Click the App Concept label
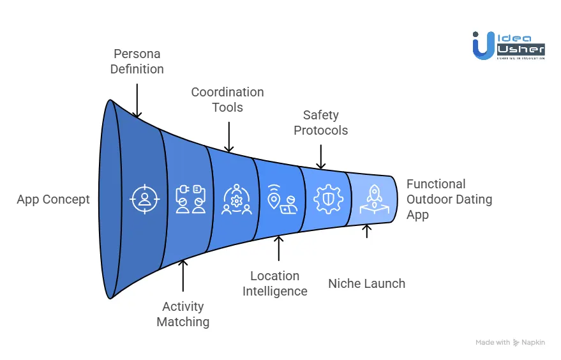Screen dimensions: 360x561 click(x=53, y=200)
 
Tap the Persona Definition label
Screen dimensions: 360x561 click(x=137, y=61)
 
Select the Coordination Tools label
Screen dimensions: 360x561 click(x=227, y=100)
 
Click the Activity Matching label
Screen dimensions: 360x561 click(x=183, y=314)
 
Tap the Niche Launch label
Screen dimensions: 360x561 click(x=366, y=283)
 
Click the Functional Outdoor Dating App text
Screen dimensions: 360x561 click(x=449, y=199)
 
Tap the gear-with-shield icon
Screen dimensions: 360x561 click(x=328, y=199)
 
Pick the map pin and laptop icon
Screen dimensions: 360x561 click(x=281, y=199)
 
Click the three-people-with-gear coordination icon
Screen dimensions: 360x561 click(x=236, y=199)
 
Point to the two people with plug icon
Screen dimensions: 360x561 click(x=190, y=199)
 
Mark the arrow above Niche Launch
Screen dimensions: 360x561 click(x=366, y=230)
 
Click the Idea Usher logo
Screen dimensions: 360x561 click(x=508, y=45)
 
